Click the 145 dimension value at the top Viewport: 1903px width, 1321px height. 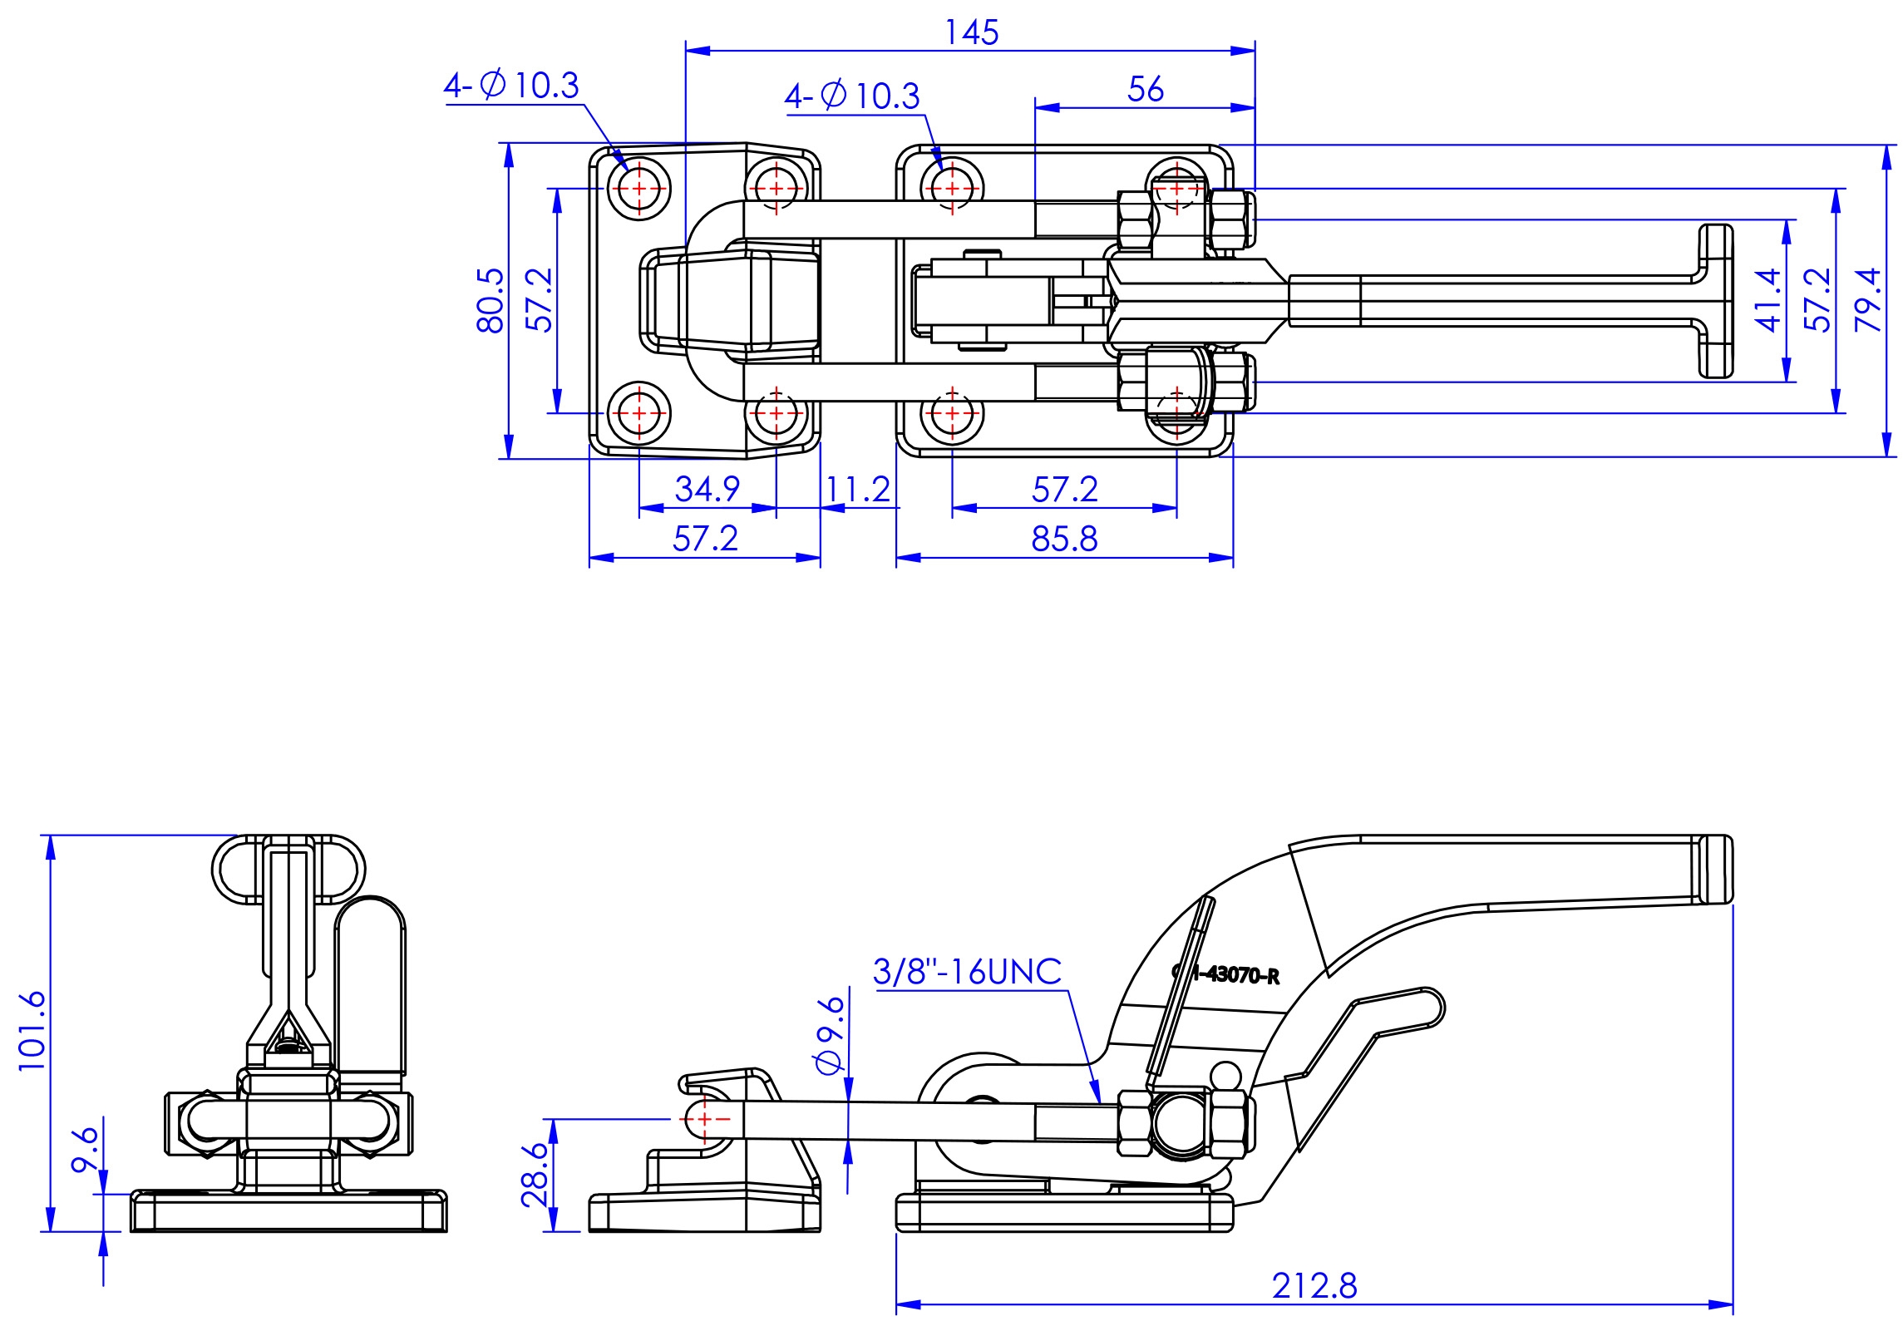click(971, 32)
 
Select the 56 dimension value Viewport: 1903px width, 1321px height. click(1145, 89)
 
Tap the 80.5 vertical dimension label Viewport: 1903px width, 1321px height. click(491, 300)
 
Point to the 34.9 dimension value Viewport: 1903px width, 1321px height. click(707, 488)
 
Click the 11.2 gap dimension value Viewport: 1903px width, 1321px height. click(858, 489)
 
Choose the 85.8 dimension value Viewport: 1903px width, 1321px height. click(1064, 539)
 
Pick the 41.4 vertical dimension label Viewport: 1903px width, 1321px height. click(1768, 300)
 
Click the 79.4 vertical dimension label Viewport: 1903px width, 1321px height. click(1868, 300)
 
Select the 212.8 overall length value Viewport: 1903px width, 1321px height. click(1314, 1285)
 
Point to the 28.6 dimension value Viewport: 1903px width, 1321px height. click(535, 1175)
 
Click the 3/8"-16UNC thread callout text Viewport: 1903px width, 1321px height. click(967, 971)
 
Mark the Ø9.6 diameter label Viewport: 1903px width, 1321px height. click(831, 1036)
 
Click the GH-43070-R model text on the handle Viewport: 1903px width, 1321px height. click(1225, 973)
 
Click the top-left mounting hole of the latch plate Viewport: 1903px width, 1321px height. click(638, 189)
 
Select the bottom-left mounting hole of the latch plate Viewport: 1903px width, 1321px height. click(638, 413)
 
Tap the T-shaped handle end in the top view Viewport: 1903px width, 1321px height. click(1715, 301)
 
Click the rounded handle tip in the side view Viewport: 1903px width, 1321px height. click(1715, 870)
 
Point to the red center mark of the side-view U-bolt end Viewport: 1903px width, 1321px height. click(705, 1119)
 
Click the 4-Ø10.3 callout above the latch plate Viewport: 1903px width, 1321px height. click(510, 85)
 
